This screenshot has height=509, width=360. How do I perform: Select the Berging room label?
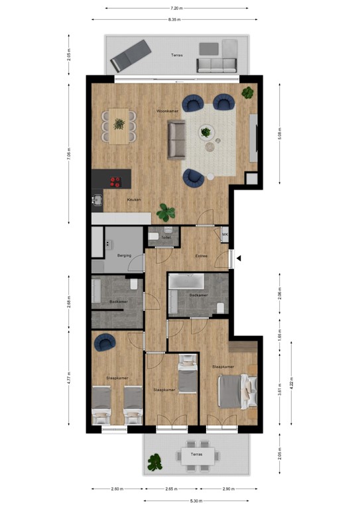tap(124, 255)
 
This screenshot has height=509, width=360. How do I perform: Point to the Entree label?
tap(201, 256)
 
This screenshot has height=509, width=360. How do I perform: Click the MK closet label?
tap(225, 235)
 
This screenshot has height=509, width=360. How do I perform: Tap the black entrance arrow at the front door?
tap(239, 258)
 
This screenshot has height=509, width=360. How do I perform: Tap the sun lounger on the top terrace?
tap(130, 55)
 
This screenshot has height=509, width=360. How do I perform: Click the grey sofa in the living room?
tap(176, 140)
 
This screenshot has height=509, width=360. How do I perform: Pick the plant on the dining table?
tap(119, 123)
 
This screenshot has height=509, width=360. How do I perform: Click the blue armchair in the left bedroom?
tap(104, 342)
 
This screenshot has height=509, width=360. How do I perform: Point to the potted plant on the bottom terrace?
tap(156, 461)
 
